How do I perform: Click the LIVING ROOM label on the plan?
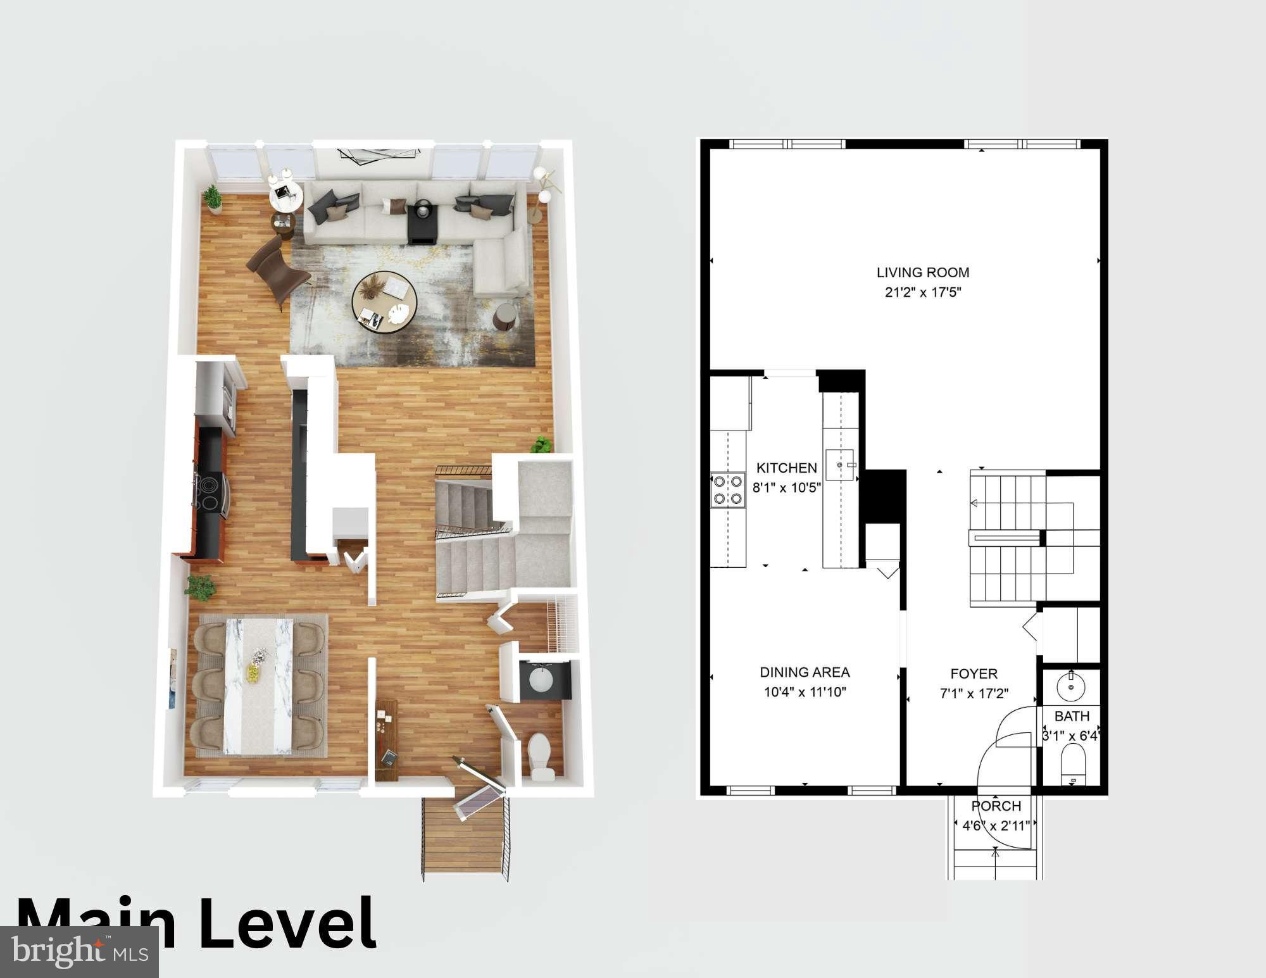pos(922,272)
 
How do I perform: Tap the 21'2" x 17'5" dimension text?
pos(922,292)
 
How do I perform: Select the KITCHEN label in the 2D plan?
pos(787,468)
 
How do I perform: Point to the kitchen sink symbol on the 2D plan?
pos(840,465)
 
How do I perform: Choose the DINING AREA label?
pos(805,672)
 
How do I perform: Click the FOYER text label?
pos(974,674)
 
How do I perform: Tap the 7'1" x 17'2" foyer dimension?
pos(974,693)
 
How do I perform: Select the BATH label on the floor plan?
pos(1072,716)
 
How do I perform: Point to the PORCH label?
pos(996,806)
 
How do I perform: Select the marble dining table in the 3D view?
pos(260,686)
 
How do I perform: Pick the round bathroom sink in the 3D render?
pos(541,680)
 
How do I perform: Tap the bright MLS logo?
pos(79,951)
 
